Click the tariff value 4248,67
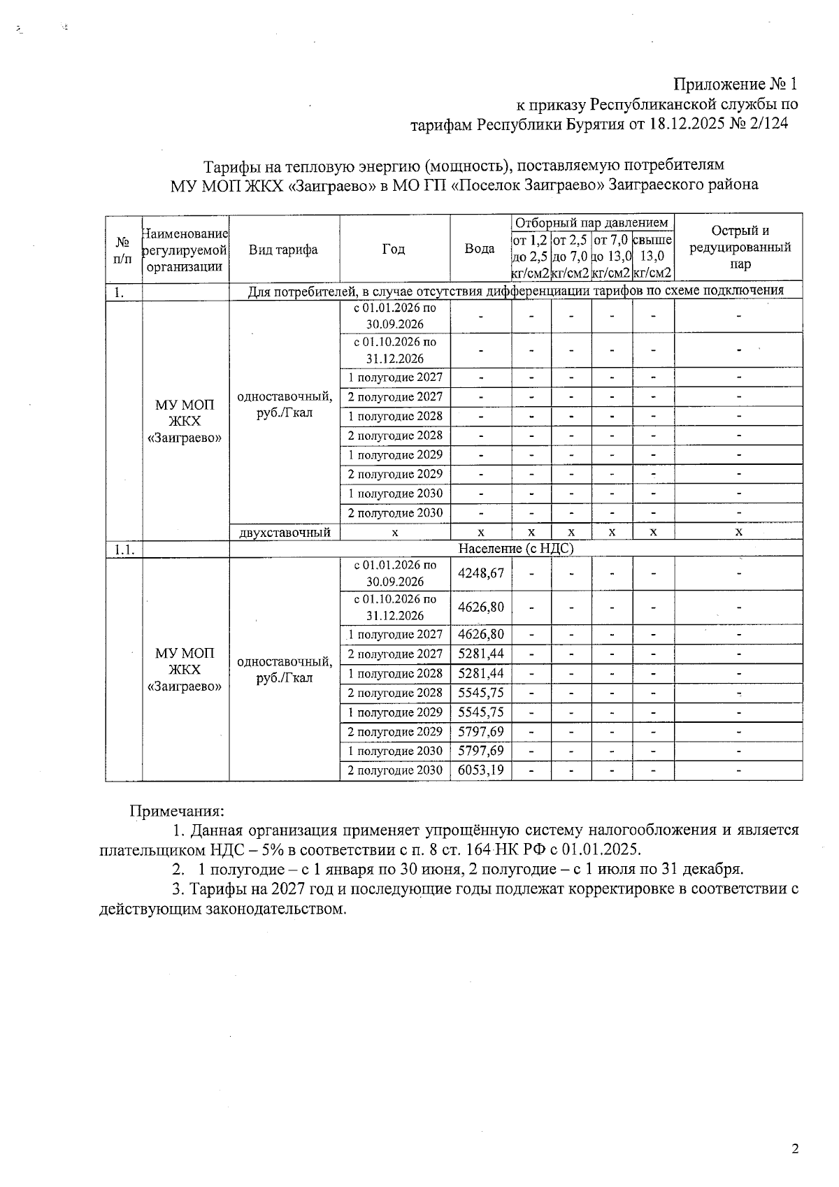pyautogui.click(x=480, y=573)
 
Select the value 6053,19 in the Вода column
pyautogui.click(x=480, y=770)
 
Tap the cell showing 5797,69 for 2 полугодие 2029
pyautogui.click(x=480, y=732)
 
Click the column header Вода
pyautogui.click(x=480, y=249)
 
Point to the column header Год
pyautogui.click(x=394, y=249)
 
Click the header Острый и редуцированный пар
pyautogui.click(x=739, y=247)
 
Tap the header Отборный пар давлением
pyautogui.click(x=591, y=222)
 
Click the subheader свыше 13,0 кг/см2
pyautogui.click(x=652, y=257)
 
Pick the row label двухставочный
pyautogui.click(x=284, y=533)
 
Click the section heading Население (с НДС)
pyautogui.click(x=515, y=549)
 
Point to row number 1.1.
pyautogui.click(x=124, y=550)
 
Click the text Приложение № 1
pyautogui.click(x=735, y=85)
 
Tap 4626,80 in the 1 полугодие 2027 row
pyautogui.click(x=480, y=635)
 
